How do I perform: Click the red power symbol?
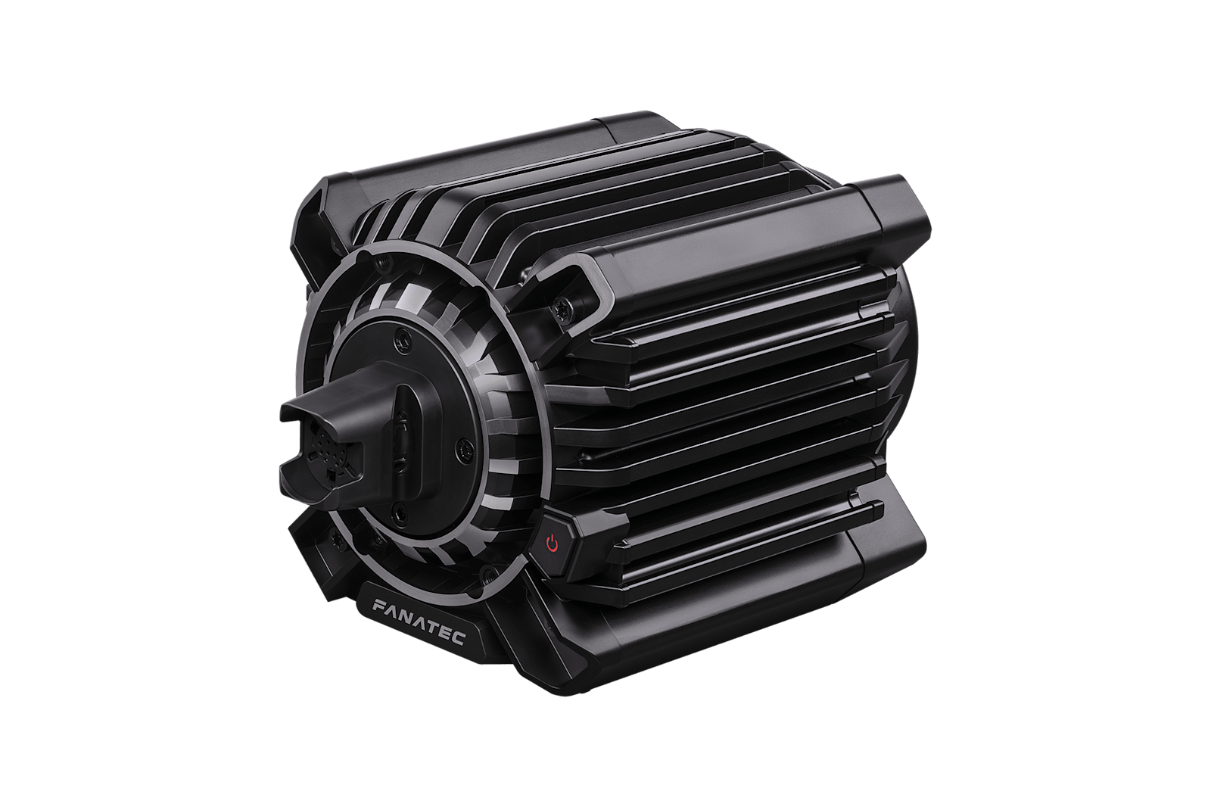click(x=552, y=543)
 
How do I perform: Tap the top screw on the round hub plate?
click(x=402, y=340)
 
